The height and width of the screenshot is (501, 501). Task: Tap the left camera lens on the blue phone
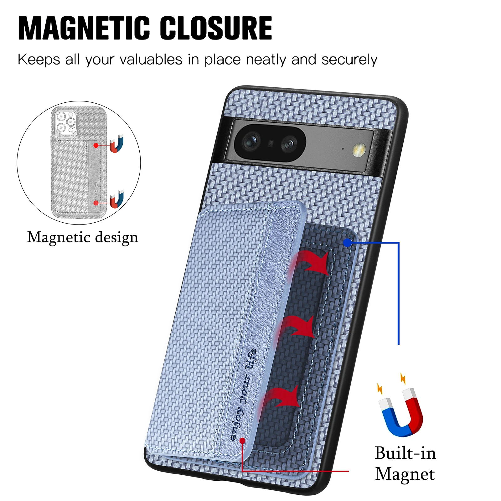coord(251,141)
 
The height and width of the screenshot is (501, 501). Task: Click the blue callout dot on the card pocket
coord(347,243)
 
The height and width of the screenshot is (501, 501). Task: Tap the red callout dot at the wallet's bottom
coord(242,441)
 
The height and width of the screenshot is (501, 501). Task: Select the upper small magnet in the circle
coord(117,144)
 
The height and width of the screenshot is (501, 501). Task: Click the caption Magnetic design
coord(83,237)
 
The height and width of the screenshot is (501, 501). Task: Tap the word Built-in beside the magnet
coord(405,453)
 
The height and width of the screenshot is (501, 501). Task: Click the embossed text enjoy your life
coord(244,395)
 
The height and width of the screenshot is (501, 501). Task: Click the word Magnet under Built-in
coord(405,474)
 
